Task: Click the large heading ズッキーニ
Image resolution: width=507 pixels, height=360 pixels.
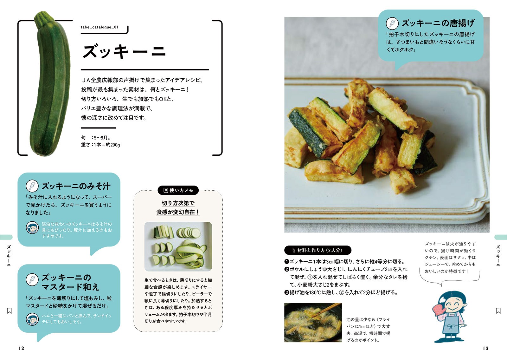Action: tap(124, 51)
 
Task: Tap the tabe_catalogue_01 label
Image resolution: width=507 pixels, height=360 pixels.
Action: tap(99, 27)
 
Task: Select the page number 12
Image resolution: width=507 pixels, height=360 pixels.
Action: tap(21, 349)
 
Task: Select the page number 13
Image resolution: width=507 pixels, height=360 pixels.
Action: tap(485, 349)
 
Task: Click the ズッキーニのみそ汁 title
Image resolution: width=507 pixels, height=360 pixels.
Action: tap(76, 186)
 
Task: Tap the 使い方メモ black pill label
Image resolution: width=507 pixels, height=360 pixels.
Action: tap(178, 190)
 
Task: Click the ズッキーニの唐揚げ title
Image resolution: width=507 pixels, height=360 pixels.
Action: tap(438, 23)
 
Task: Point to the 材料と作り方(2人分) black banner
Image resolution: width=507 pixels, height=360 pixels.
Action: tap(318, 250)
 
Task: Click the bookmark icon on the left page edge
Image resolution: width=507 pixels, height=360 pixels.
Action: tap(9, 311)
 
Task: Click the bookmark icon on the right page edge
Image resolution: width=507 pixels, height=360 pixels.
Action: tap(498, 311)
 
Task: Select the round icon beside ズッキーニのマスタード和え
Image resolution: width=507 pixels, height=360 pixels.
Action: tap(32, 279)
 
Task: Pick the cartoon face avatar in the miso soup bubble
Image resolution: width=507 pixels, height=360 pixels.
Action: tap(32, 228)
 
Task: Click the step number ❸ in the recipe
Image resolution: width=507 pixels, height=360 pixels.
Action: tap(287, 292)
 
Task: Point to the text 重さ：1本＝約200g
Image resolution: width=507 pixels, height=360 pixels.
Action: tap(100, 145)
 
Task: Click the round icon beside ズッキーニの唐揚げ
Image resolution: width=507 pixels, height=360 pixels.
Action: tap(392, 23)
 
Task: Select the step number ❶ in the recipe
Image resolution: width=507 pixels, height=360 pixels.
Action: tap(287, 262)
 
